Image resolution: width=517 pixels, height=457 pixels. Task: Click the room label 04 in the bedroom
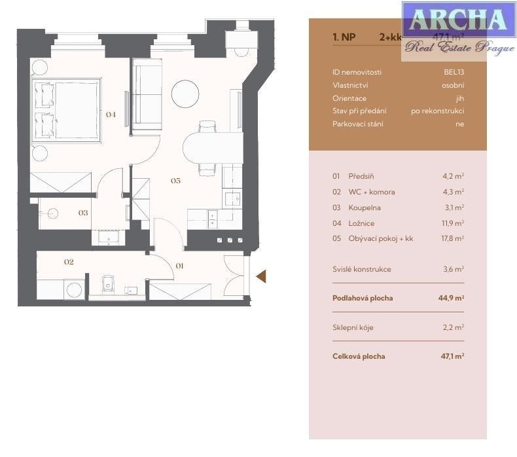tap(111, 114)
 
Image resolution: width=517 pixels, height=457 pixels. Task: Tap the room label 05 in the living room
tap(175, 180)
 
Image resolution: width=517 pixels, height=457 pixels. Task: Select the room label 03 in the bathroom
tap(83, 213)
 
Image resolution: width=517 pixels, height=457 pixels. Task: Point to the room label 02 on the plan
tap(68, 262)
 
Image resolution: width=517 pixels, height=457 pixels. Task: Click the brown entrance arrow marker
tap(260, 276)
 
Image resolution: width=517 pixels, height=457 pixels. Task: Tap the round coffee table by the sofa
tap(185, 94)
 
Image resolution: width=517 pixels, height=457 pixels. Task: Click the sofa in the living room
tap(147, 96)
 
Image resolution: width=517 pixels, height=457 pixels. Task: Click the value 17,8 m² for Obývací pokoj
tap(453, 239)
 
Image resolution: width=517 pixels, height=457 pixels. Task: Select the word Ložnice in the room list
tap(361, 223)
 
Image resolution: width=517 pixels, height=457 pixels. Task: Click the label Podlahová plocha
tap(363, 298)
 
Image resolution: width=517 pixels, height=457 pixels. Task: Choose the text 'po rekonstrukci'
tap(438, 111)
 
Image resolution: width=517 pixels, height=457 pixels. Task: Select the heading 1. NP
tap(344, 37)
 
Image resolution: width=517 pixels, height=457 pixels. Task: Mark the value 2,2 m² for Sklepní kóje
tap(453, 327)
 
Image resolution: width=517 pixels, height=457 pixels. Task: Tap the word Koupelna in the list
tap(365, 208)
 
